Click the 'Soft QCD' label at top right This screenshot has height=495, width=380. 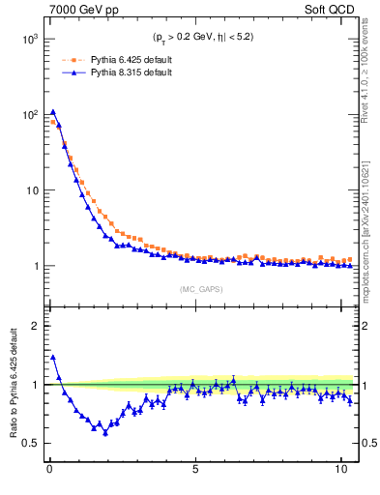331,10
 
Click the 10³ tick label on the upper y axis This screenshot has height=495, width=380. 29,39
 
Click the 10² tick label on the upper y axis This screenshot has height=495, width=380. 29,115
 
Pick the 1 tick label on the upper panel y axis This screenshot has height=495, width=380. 36,266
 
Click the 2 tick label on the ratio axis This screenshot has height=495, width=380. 36,326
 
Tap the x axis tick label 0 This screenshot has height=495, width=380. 49,473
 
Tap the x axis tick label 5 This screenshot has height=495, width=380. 195,473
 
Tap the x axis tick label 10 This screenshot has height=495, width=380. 340,473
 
